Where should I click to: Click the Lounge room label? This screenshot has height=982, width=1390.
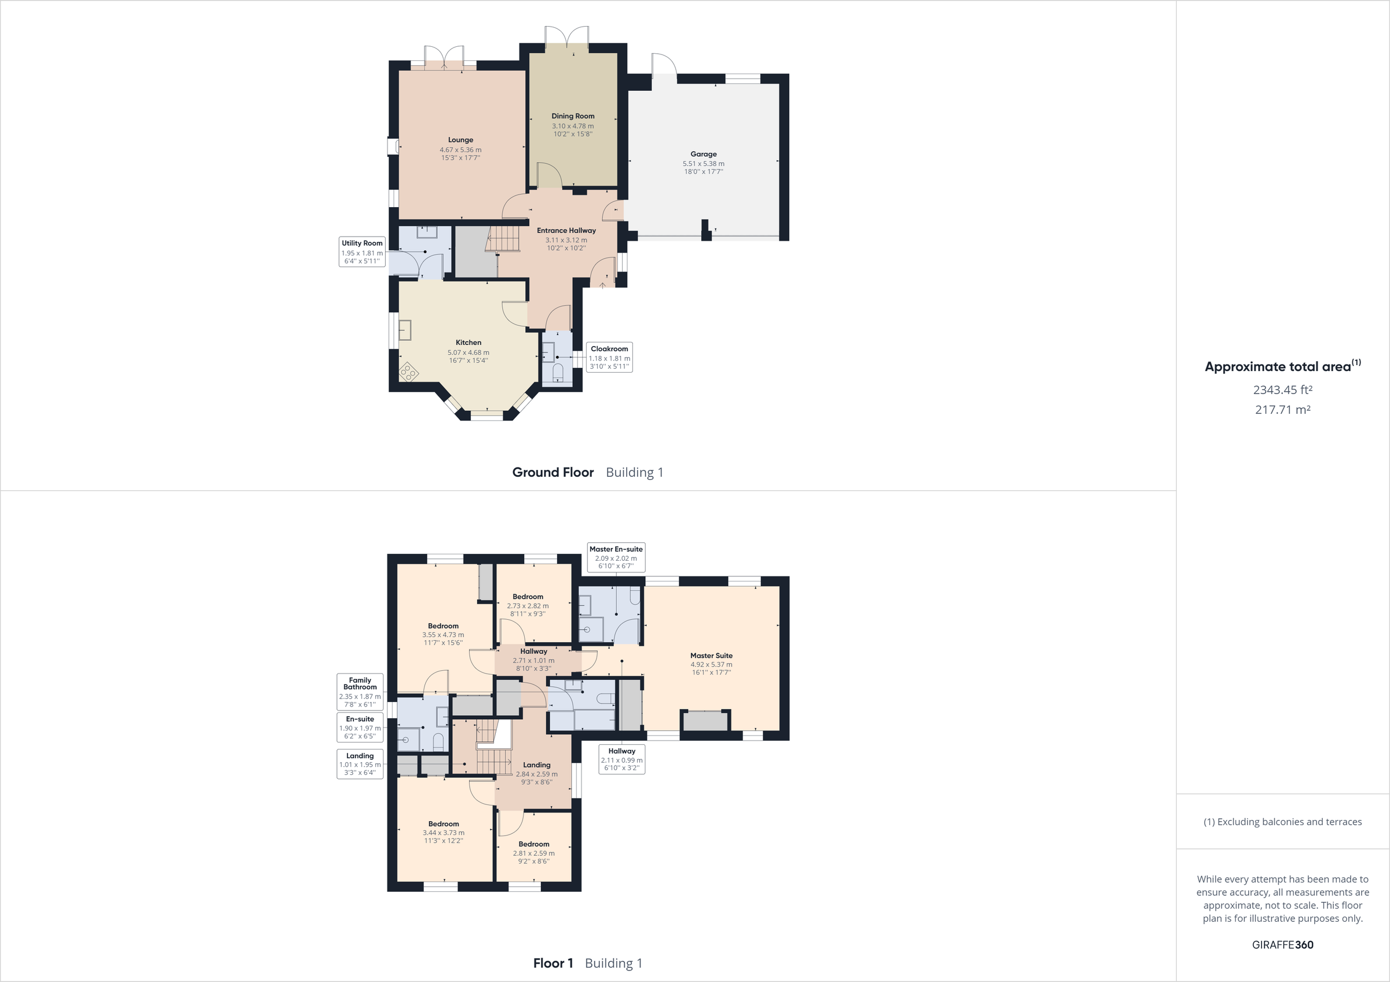[x=460, y=140]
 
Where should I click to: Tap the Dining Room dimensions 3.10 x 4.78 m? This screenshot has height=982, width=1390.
[x=572, y=126]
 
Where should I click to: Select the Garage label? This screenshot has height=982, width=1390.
[x=703, y=155]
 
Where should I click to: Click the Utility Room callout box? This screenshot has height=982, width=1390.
[x=362, y=252]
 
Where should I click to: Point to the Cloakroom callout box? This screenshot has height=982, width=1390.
[x=609, y=357]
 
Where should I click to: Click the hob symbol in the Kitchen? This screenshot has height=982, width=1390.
[x=408, y=372]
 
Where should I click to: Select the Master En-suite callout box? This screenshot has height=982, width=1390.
[x=616, y=557]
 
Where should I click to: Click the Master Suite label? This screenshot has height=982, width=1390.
[x=711, y=655]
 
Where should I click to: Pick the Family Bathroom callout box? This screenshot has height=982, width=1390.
[x=360, y=692]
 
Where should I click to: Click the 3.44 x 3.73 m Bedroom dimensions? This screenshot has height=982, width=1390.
[x=443, y=833]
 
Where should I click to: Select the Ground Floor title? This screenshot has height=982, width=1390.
[x=553, y=472]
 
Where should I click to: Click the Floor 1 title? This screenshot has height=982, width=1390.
[x=553, y=963]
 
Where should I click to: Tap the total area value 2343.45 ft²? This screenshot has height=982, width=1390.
[x=1282, y=389]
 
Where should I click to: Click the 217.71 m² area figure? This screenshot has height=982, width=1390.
[x=1282, y=410]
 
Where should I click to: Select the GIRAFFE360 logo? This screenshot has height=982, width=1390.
[x=1282, y=944]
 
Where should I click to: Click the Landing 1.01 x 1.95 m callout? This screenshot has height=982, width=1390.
[x=360, y=764]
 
